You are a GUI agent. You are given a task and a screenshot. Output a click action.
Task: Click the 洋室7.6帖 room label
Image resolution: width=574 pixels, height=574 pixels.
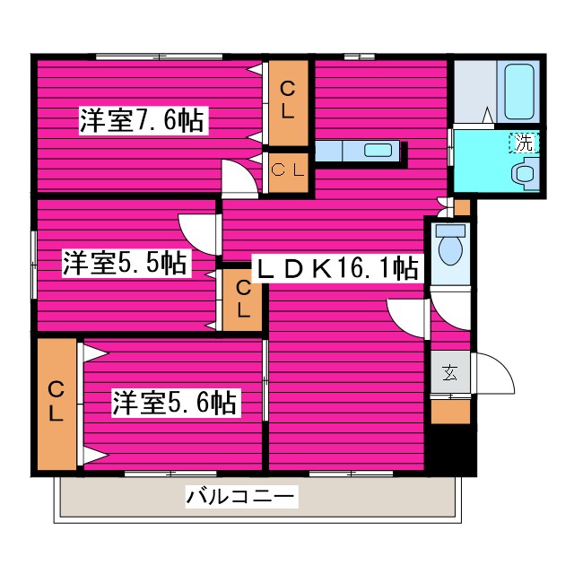(143, 121)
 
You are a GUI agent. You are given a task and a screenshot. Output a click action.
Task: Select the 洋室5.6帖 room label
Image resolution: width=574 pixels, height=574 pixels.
(174, 404)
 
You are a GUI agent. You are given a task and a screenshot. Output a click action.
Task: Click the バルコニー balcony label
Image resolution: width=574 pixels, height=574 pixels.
(239, 496)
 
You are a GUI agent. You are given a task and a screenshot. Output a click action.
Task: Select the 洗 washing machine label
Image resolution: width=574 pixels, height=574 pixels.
(521, 142)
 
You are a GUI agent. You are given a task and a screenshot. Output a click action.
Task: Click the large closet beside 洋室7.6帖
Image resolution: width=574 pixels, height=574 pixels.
(287, 100)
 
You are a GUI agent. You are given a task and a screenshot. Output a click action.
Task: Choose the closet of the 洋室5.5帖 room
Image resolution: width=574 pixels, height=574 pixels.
(242, 300)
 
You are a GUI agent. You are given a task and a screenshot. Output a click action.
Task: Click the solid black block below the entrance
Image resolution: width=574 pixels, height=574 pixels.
(449, 448)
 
